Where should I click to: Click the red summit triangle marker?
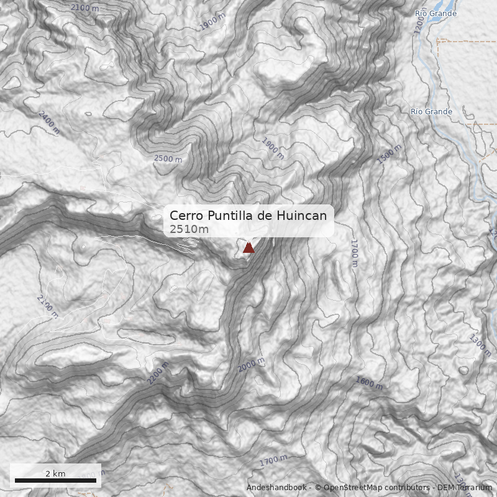[x=248, y=248]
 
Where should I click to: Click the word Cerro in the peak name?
[x=185, y=216]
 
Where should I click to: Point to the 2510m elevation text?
[x=189, y=229]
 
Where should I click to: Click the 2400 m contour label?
[x=48, y=122]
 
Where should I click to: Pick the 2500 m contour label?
[x=168, y=158]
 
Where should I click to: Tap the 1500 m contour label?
[x=390, y=153]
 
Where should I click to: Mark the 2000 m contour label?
[x=251, y=365]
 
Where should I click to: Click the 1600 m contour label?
[x=369, y=381]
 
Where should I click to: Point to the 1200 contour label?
[x=420, y=24]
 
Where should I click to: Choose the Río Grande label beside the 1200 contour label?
[x=435, y=13]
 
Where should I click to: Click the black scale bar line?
[x=55, y=480]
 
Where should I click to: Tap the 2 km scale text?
[x=55, y=473]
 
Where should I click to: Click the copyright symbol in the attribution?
[x=317, y=488]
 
